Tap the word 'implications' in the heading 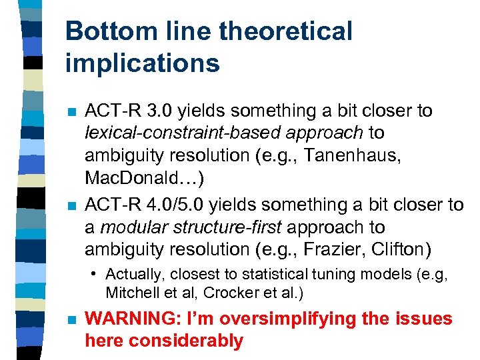tap(142, 63)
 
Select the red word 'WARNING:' tap(127, 319)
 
